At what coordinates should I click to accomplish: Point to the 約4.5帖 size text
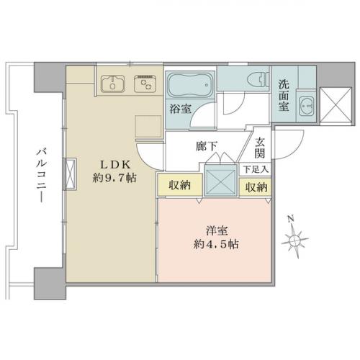(x=216, y=244)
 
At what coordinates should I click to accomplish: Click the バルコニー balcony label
(x=42, y=173)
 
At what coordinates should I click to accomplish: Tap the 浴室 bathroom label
(x=180, y=109)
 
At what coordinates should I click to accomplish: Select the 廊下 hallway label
(x=206, y=147)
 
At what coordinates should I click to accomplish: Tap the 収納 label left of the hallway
(x=181, y=186)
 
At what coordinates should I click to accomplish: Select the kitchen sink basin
(x=114, y=84)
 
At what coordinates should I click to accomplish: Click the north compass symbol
(x=297, y=238)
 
